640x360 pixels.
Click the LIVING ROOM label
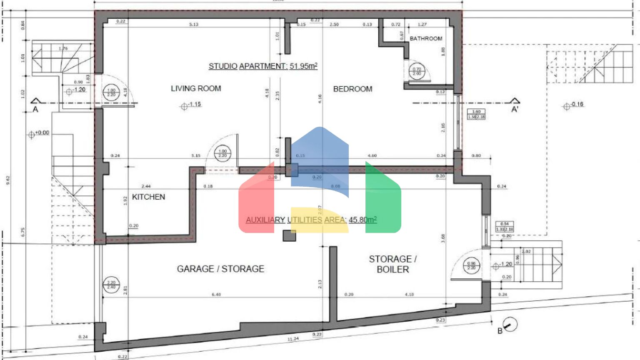click(x=196, y=88)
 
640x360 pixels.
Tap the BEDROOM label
click(x=352, y=89)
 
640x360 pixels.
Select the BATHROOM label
click(x=426, y=38)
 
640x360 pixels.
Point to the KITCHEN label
click(x=148, y=197)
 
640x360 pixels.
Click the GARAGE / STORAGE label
click(x=220, y=269)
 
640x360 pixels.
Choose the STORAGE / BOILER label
click(x=392, y=264)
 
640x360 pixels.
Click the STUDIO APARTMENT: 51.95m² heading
click(x=263, y=66)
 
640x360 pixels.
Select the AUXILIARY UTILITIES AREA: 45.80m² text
click(x=311, y=220)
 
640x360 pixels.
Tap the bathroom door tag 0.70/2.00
click(x=417, y=71)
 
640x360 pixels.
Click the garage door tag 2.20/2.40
click(x=111, y=285)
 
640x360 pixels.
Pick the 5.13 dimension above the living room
click(x=194, y=24)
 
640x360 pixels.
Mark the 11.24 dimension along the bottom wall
click(x=293, y=339)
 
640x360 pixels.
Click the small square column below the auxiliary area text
click(x=289, y=235)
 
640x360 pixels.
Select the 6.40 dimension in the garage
click(x=216, y=294)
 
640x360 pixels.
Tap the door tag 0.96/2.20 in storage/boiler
click(x=471, y=265)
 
